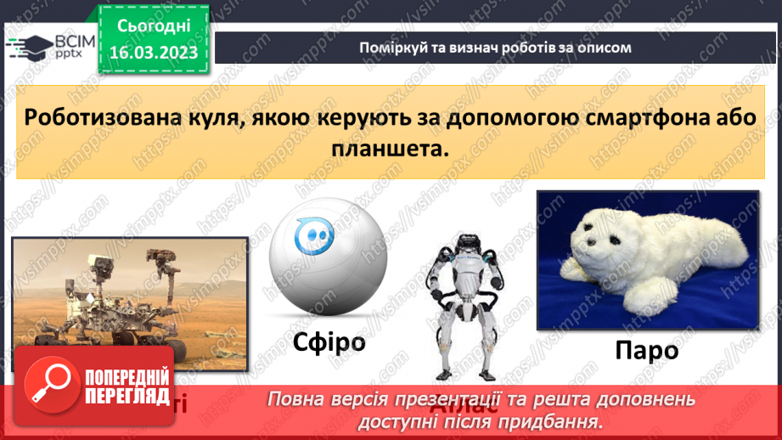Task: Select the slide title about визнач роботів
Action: tap(495, 48)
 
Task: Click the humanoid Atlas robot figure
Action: tap(462, 305)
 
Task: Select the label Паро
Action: tap(647, 349)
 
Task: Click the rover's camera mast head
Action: tap(157, 256)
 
